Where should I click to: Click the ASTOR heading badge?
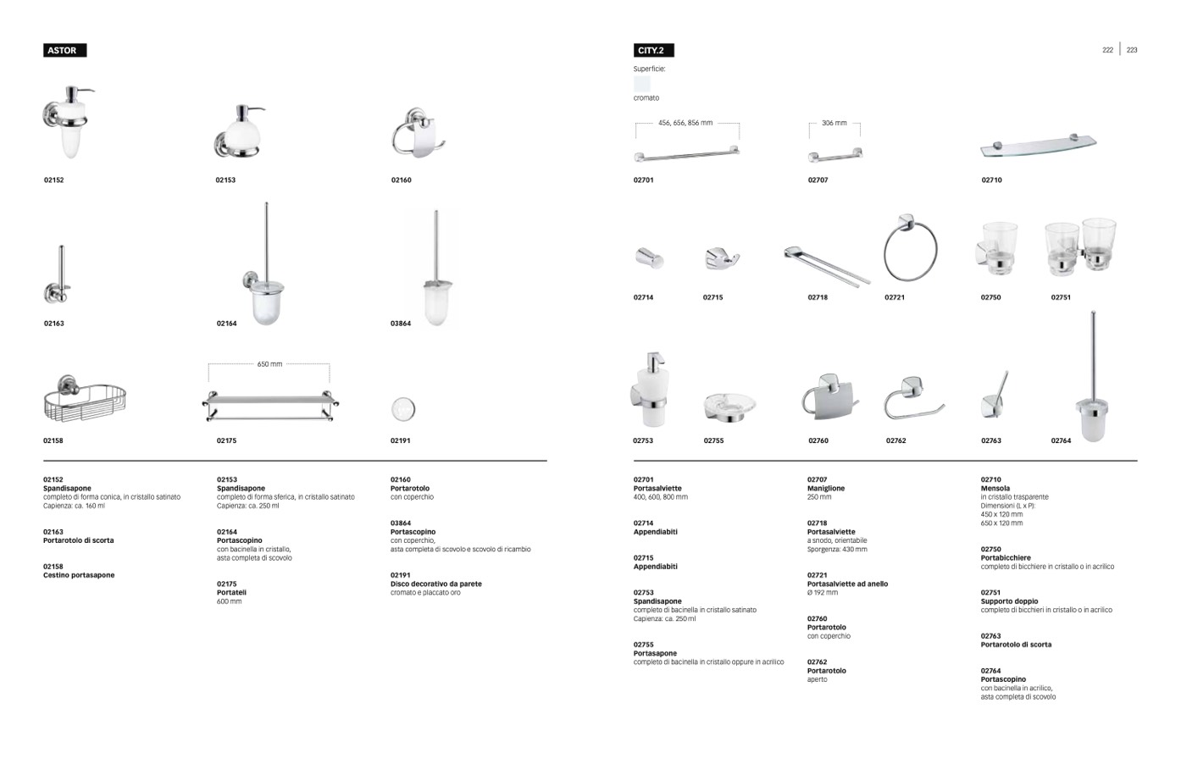pos(64,51)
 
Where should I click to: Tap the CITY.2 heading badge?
pos(652,51)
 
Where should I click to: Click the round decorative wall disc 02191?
pos(402,409)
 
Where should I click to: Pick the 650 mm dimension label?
pos(269,364)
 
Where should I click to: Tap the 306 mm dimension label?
pos(834,124)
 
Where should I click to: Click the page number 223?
pos(1132,50)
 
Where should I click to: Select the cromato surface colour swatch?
pos(642,84)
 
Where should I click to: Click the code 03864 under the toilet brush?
pos(401,324)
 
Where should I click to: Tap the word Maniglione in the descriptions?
pos(826,489)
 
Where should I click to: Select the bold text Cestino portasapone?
pos(79,575)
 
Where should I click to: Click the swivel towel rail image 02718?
pos(826,264)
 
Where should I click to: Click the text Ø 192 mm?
pos(823,593)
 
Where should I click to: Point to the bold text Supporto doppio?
pos(1009,601)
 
